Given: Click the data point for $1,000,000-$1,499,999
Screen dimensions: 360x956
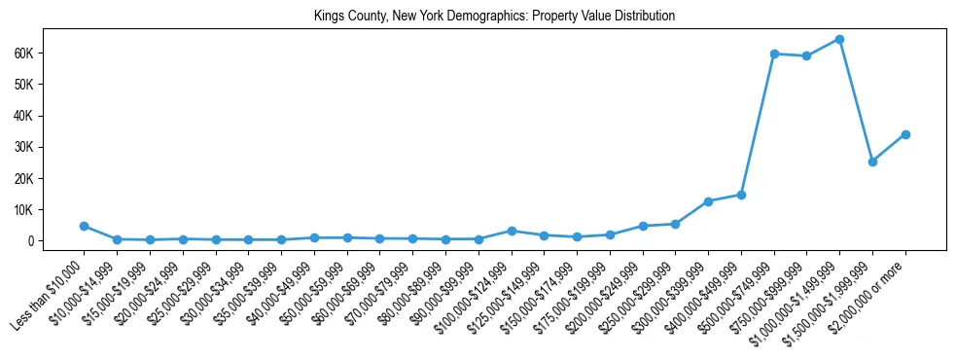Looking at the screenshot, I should [839, 40].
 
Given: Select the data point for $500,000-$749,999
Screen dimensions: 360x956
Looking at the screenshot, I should [774, 54].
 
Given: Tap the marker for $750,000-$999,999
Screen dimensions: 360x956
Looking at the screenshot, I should [806, 56].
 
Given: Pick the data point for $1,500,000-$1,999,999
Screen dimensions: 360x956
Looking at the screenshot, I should [872, 162].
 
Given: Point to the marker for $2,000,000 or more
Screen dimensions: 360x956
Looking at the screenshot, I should [905, 134].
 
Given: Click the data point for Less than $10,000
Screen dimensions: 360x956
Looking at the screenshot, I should [84, 226].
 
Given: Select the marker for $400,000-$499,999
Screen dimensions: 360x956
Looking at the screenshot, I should [741, 195].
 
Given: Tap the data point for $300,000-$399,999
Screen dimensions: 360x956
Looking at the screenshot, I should [708, 201].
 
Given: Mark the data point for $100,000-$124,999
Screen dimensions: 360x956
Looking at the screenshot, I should [511, 231].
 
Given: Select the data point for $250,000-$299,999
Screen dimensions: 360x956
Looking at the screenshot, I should [675, 224].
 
